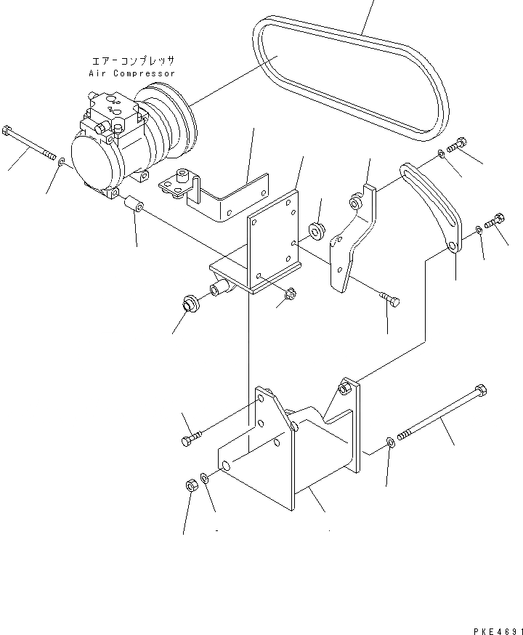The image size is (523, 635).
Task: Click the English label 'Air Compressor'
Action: (x=131, y=73)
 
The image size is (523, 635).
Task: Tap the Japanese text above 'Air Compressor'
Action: (x=131, y=62)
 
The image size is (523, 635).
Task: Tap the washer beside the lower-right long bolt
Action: (x=392, y=441)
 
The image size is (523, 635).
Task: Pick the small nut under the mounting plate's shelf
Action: (x=288, y=294)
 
